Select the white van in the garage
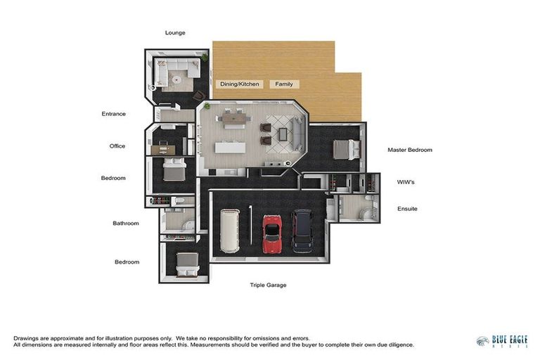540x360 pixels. coord(230,231)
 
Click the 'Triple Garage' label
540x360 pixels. coord(268,285)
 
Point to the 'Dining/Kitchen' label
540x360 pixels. coord(240,84)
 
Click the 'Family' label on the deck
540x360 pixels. coord(284,84)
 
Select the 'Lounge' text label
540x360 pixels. coord(175,32)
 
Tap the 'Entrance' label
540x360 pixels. coord(113,114)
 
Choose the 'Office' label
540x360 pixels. coord(117,146)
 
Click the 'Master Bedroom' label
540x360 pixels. coord(410,150)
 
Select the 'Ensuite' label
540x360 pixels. coord(407,209)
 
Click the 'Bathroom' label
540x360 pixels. coord(126,224)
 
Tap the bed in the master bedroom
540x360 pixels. coord(344,149)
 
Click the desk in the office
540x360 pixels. coord(165,147)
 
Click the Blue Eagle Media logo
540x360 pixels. coord(501,342)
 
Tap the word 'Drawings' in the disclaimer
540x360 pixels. coord(26,338)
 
